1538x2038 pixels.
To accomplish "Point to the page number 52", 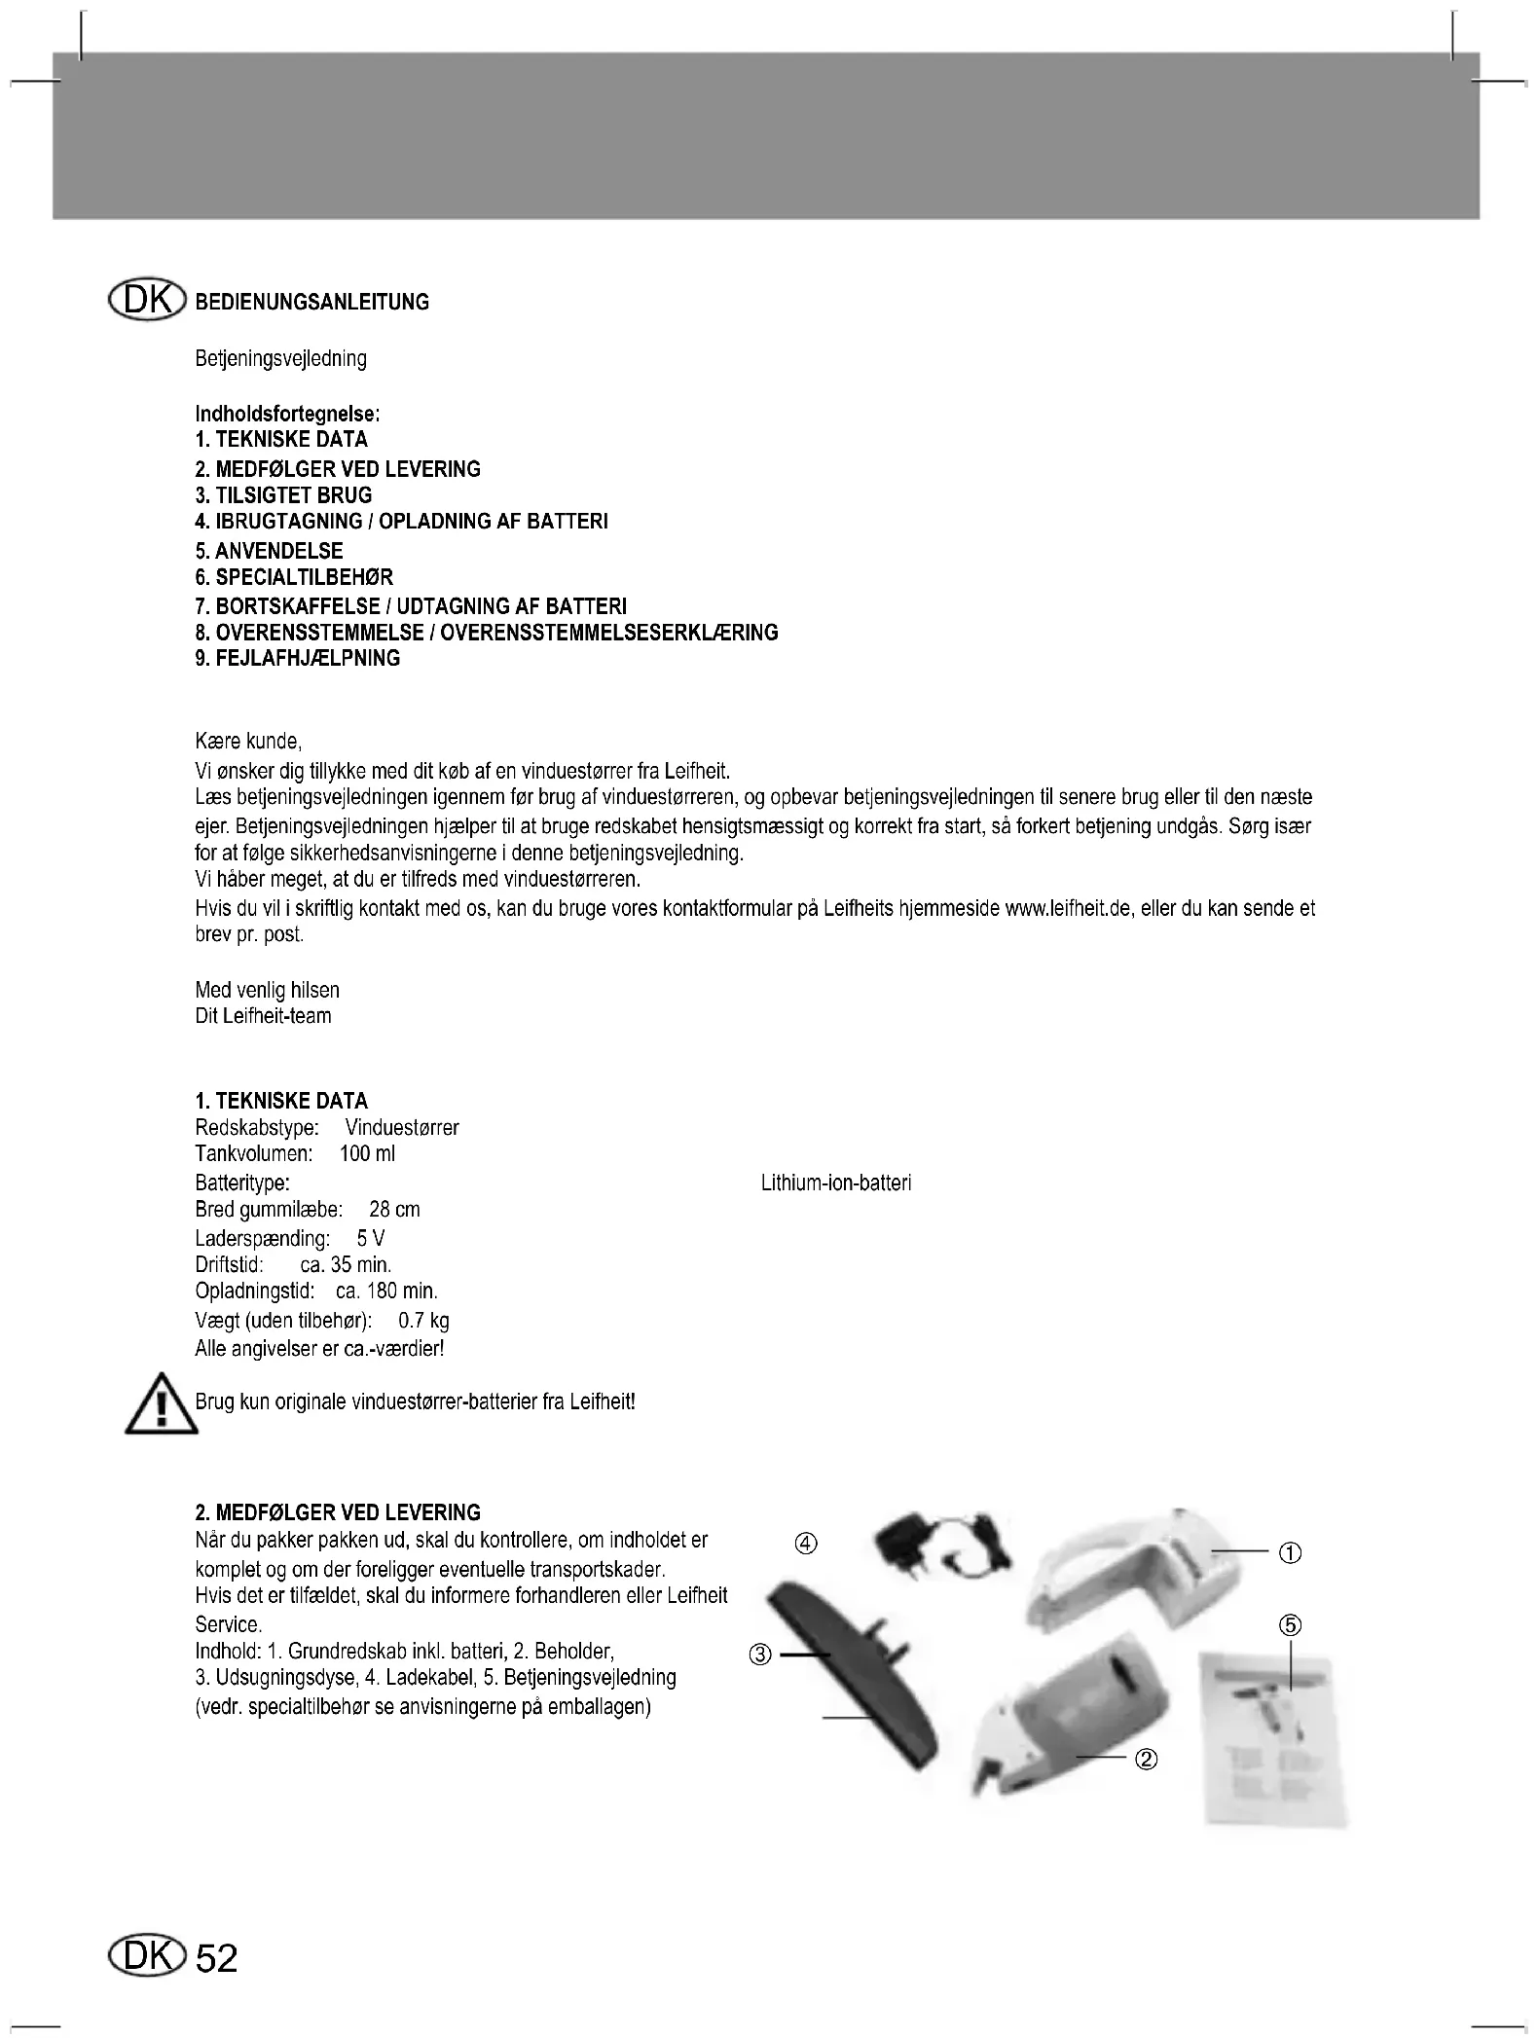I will point(216,1958).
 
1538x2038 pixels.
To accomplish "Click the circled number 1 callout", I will point(1290,1553).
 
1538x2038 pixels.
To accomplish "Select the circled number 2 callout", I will point(1147,1759).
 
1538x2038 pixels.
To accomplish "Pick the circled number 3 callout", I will point(760,1655).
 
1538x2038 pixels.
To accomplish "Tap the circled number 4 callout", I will point(806,1544).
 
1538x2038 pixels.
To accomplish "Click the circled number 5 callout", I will point(1290,1625).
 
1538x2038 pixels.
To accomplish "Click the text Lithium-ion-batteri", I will point(835,1183).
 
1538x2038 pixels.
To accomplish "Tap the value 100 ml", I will point(367,1154).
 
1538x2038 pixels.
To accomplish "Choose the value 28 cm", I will point(394,1210).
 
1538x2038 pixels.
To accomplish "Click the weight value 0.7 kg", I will point(423,1321).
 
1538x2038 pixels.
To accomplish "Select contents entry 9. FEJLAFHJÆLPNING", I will point(297,659).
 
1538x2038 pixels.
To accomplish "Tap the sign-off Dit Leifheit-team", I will point(263,1016).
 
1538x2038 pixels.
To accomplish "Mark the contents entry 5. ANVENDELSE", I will point(269,551).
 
